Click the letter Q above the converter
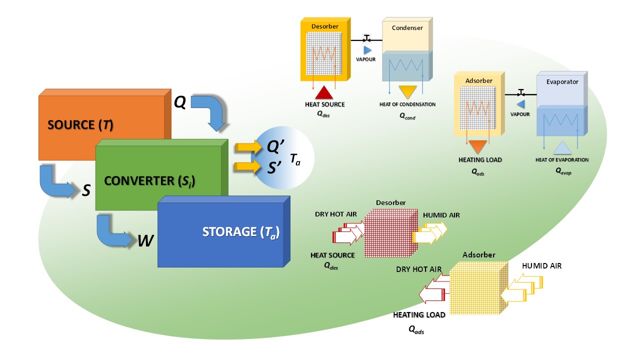[180, 102]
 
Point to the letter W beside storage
[145, 241]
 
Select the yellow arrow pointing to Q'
[248, 147]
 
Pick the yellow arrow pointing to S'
[248, 166]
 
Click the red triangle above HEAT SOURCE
[324, 92]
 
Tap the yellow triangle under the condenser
[407, 92]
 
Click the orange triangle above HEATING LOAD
[478, 146]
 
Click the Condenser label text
[407, 28]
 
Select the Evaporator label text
[561, 81]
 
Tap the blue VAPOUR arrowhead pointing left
[520, 104]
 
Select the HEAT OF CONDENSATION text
[407, 104]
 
